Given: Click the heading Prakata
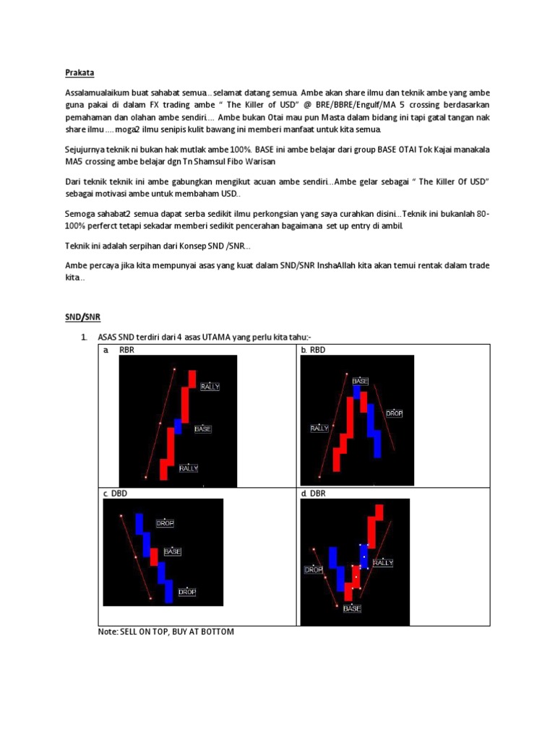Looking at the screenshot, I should coord(79,73).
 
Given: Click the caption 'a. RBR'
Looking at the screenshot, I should coord(119,350).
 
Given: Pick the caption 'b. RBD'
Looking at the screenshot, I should coord(313,350).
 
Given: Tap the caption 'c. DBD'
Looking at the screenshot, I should coord(115,494).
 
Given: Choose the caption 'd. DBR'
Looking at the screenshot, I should coord(313,494).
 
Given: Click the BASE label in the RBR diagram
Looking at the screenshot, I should coord(203,429).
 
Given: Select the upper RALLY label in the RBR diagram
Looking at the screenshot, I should coord(210,387).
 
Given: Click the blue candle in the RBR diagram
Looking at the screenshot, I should coord(178,426).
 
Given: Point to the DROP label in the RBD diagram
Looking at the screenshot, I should coord(394,413).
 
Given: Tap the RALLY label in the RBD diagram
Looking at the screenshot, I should coord(319,429).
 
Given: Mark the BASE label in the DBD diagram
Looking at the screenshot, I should coord(173,551).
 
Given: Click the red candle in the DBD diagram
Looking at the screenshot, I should coord(154,556).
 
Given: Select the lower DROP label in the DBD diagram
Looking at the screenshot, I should coord(187,592).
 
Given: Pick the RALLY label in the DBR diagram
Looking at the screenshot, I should coord(383,562).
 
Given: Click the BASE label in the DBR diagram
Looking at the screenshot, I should coord(352,608).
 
